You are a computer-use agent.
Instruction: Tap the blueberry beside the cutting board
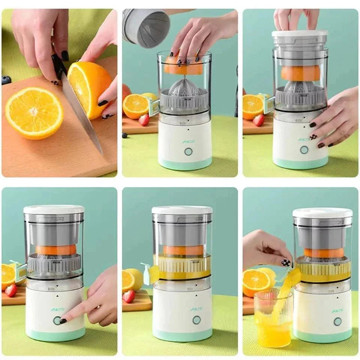[6, 80]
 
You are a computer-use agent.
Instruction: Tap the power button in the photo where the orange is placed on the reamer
[188, 151]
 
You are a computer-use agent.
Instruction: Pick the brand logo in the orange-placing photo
[187, 140]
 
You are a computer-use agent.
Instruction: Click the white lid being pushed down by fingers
[300, 34]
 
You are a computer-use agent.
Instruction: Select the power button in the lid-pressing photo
[304, 149]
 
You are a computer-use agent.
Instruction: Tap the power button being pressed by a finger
[57, 320]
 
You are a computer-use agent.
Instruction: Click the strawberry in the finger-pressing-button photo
[11, 290]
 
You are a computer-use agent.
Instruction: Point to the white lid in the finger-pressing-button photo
[54, 209]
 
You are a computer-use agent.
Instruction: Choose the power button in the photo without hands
[197, 319]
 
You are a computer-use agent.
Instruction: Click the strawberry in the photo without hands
[129, 296]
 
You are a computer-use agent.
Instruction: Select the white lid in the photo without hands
[182, 210]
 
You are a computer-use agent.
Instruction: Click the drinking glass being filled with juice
[273, 319]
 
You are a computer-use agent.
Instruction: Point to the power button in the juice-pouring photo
[337, 321]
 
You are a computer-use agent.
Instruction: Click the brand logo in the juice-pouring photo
[337, 310]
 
